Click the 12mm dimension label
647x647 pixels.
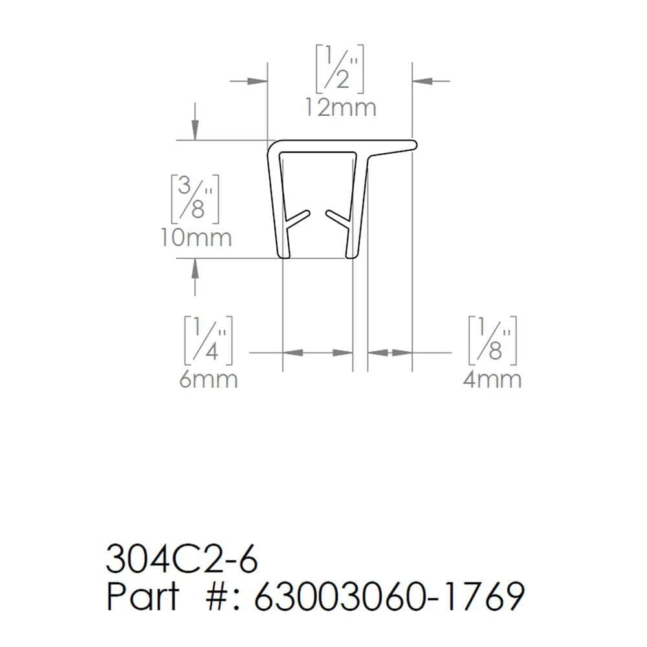[x=340, y=107]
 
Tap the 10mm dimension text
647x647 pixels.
[x=196, y=237]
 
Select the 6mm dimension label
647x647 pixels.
[x=208, y=378]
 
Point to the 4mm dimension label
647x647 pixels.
[x=492, y=378]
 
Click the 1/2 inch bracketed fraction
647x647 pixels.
[x=340, y=70]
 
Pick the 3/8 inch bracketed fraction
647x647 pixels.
[x=197, y=199]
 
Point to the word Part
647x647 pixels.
[x=142, y=597]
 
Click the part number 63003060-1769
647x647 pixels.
[x=388, y=597]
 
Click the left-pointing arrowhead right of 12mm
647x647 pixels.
[x=421, y=81]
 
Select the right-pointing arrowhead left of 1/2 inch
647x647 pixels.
[x=259, y=81]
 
